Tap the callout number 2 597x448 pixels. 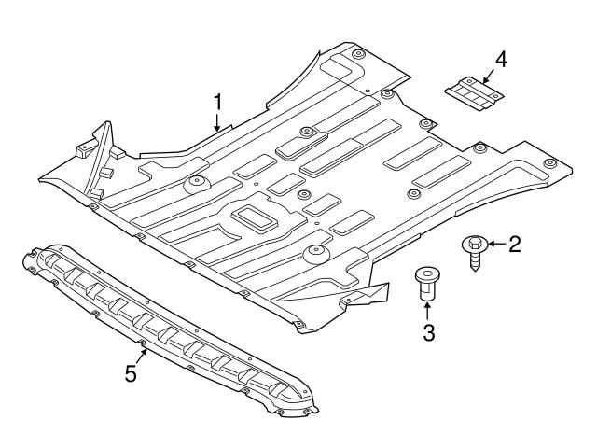point(514,245)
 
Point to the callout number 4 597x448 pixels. point(501,60)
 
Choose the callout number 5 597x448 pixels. point(132,374)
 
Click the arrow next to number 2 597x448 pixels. point(493,245)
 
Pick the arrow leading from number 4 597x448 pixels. point(490,74)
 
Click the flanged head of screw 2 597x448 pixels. point(472,245)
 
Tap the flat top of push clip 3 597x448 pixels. point(427,274)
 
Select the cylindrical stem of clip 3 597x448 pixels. point(427,291)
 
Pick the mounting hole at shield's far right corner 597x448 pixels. point(549,162)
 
